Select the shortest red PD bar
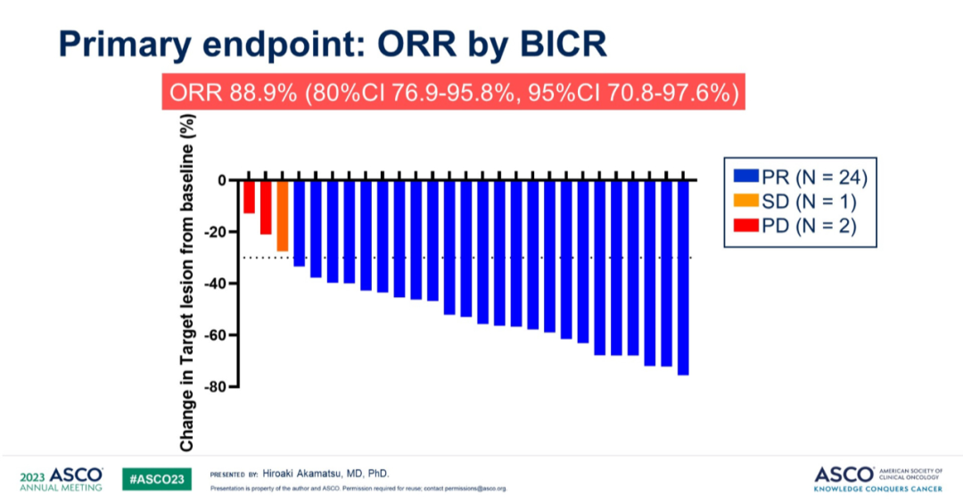(x=249, y=197)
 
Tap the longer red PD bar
(x=266, y=207)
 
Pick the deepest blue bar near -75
(x=683, y=276)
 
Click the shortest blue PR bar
(x=299, y=223)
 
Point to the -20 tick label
(x=215, y=232)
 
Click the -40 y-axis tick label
(x=215, y=284)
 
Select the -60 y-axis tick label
(x=215, y=335)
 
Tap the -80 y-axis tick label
(x=215, y=387)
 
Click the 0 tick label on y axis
(x=221, y=180)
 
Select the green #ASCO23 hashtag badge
(x=157, y=479)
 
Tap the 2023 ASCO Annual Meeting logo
(x=61, y=479)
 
